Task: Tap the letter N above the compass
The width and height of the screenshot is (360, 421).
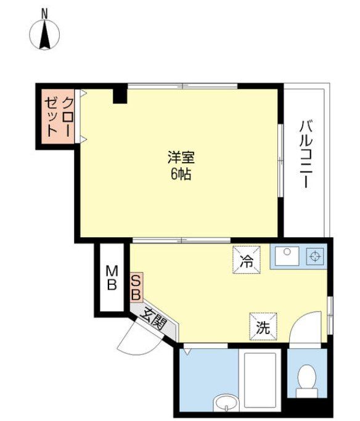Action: pos(44,12)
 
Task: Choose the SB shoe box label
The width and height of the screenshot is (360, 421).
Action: pos(136,287)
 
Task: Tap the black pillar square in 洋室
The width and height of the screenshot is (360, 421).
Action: pos(120,96)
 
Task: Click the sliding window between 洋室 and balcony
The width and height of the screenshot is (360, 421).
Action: pos(280,161)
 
